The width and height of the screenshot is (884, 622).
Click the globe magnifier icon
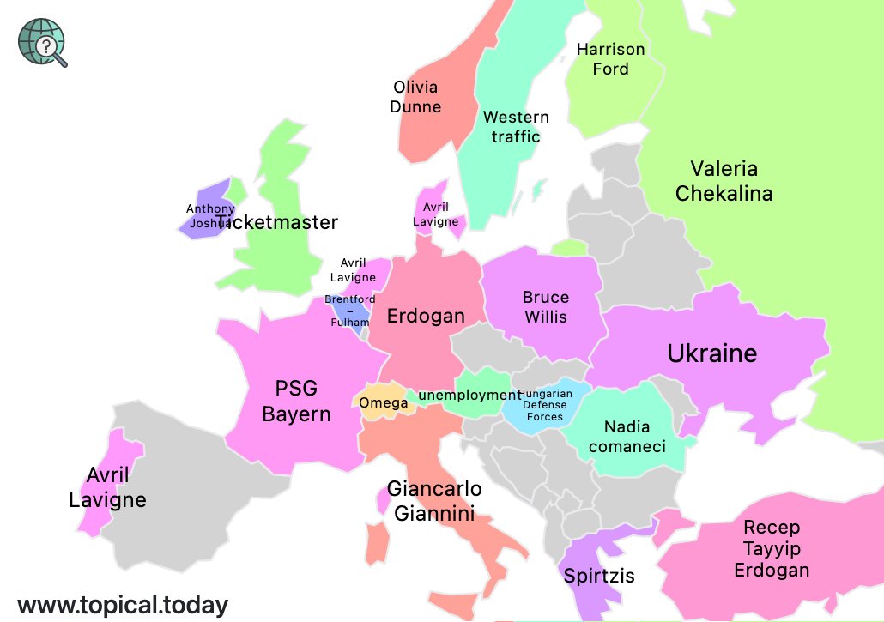[43, 41]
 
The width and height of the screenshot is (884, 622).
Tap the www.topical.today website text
[123, 605]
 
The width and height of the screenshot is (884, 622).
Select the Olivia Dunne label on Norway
[415, 97]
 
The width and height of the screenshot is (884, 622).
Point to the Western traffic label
[516, 127]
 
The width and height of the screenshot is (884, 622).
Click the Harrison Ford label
[610, 59]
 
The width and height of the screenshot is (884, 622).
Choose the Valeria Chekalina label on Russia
[724, 181]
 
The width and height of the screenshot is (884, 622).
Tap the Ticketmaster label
[277, 222]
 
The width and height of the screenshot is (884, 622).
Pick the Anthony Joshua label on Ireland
[209, 216]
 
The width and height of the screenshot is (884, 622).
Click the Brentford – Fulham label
[349, 311]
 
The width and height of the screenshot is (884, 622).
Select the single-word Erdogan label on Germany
[426, 316]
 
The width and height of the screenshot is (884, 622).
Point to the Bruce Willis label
[546, 306]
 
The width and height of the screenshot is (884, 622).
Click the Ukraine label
[712, 353]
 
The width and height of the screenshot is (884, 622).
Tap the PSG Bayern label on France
[296, 402]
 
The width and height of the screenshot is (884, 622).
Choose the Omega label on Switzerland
[383, 403]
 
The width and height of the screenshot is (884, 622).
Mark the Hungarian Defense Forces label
[545, 405]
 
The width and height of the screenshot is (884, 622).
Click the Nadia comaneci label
[627, 436]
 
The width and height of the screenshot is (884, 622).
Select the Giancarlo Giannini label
[434, 501]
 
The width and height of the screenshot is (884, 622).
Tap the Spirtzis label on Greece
[599, 576]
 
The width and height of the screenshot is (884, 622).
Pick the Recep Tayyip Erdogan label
[771, 548]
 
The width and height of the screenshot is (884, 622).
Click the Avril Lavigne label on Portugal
[107, 487]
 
